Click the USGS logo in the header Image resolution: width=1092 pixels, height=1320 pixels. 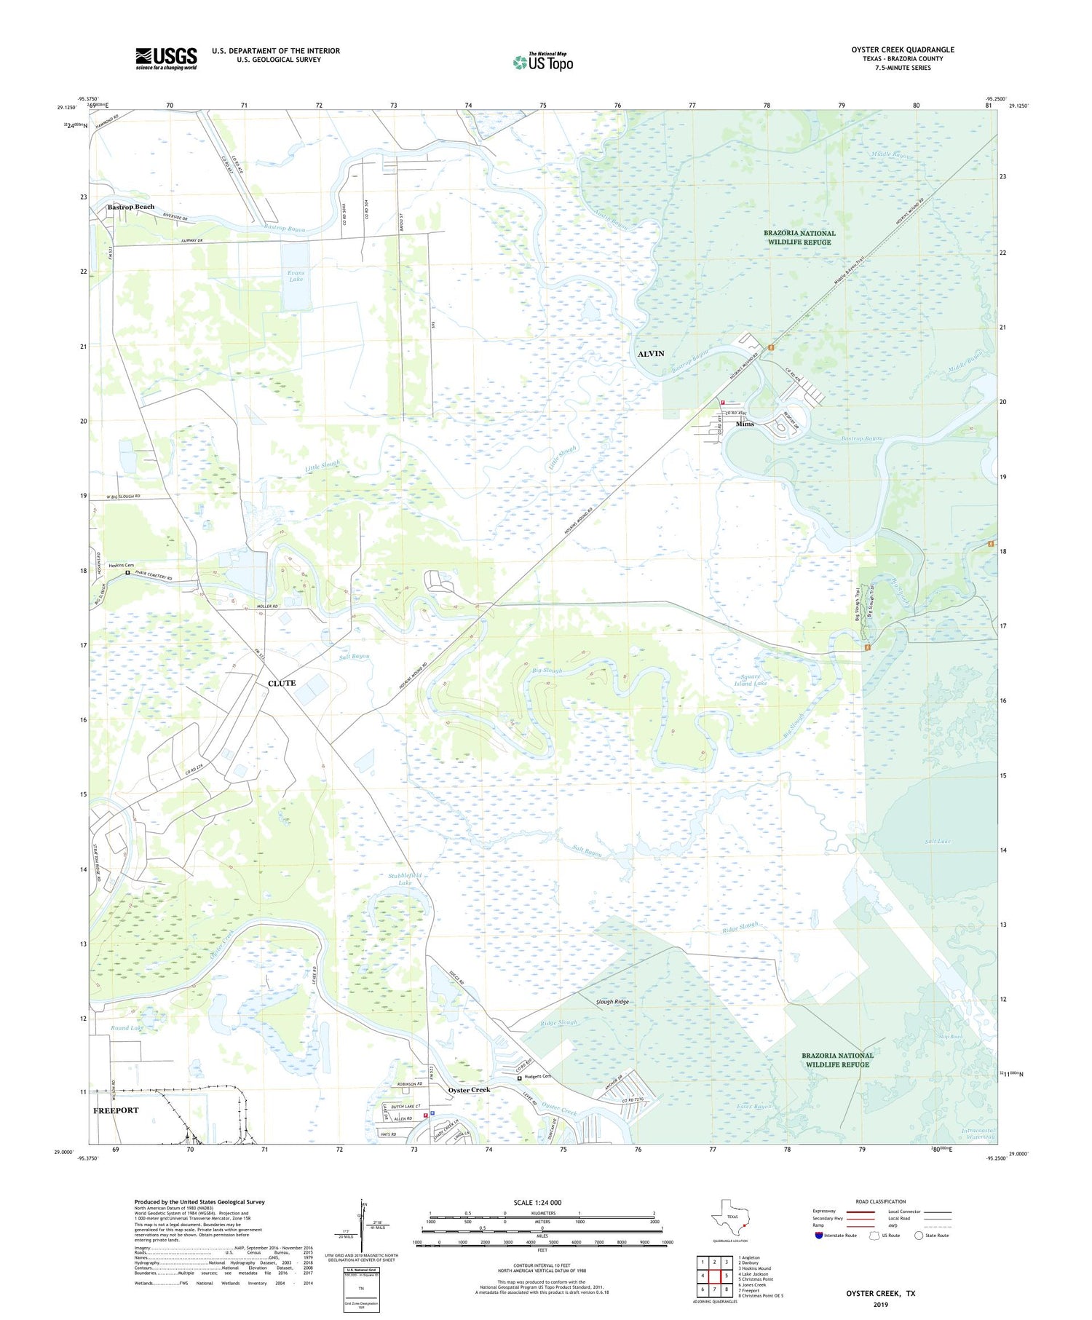(x=166, y=58)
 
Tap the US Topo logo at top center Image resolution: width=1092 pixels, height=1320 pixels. (x=543, y=62)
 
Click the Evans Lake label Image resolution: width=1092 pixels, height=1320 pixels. (x=296, y=276)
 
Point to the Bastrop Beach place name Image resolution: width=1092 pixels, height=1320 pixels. (x=131, y=207)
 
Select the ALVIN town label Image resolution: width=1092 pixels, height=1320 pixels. (x=651, y=354)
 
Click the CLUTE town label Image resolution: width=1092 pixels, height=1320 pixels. (x=282, y=683)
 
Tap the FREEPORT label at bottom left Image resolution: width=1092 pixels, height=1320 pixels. (x=116, y=1110)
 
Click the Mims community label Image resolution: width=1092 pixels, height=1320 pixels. (x=745, y=424)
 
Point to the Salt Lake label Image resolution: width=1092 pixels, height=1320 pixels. (x=938, y=841)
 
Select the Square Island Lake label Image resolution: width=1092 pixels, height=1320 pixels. (x=750, y=679)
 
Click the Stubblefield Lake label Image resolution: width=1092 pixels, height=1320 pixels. (x=405, y=878)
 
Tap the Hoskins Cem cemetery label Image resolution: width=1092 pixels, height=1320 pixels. (x=122, y=565)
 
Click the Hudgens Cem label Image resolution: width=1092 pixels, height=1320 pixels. (x=537, y=1077)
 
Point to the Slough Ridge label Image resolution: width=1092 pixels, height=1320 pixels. (x=612, y=1002)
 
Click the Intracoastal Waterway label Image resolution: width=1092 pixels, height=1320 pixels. (x=977, y=1134)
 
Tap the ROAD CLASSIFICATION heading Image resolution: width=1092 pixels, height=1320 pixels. (x=881, y=1201)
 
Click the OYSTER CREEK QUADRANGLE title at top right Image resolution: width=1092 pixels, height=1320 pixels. (x=903, y=50)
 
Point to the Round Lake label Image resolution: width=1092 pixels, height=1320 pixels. (x=126, y=1028)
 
